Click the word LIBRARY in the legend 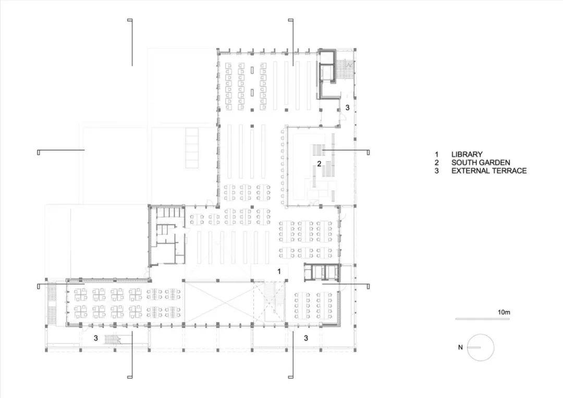tap(467, 154)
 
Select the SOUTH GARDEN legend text tap(481, 163)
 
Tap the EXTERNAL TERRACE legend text tap(489, 171)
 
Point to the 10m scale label tap(504, 312)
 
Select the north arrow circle tap(481, 347)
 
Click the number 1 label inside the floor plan tap(279, 271)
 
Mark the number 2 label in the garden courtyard tap(319, 163)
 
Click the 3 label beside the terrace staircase tap(96, 338)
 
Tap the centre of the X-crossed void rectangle tap(219, 303)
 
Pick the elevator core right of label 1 tap(322, 272)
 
